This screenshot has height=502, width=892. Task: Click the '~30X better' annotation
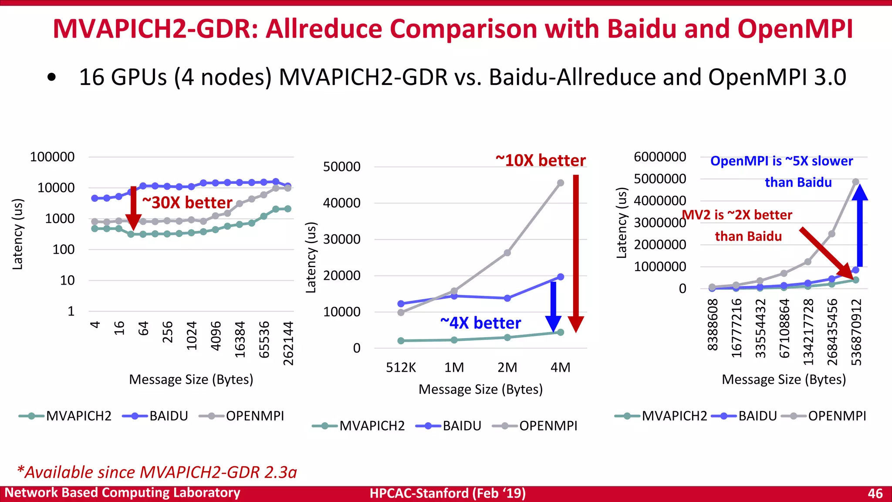(x=187, y=203)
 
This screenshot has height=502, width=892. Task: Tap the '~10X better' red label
(x=541, y=160)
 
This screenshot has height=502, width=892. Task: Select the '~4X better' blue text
(x=480, y=323)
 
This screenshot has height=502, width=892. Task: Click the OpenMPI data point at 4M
(x=561, y=183)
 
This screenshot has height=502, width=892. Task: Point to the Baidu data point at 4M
(x=561, y=277)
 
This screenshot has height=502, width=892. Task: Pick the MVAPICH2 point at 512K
(x=401, y=341)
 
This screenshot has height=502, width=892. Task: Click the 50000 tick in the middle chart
(x=342, y=166)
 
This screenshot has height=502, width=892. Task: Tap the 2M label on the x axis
(x=507, y=367)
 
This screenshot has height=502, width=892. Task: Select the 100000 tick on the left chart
(x=52, y=157)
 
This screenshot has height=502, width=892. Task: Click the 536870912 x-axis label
(x=856, y=332)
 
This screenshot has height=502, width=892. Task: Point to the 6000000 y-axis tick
(x=660, y=157)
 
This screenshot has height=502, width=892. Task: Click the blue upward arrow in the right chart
(x=860, y=227)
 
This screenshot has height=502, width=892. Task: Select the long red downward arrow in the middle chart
(x=576, y=253)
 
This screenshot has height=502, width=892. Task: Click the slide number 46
(x=875, y=493)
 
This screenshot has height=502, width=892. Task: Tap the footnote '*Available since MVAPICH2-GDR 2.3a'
(x=157, y=472)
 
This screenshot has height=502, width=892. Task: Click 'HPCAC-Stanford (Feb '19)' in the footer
(x=448, y=493)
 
